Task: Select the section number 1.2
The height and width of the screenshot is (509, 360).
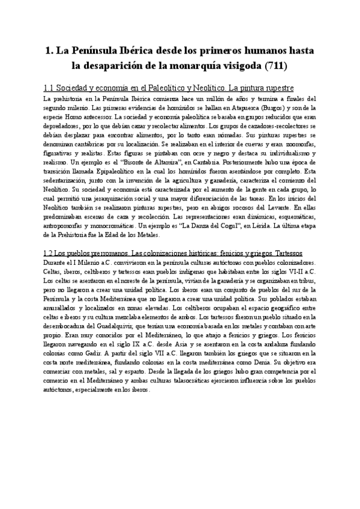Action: click(52, 234)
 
